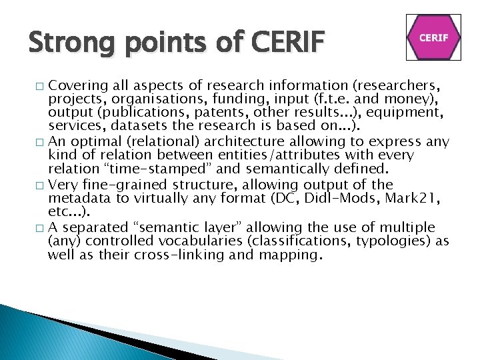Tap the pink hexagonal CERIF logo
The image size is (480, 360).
point(433,38)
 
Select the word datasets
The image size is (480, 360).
point(127,125)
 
